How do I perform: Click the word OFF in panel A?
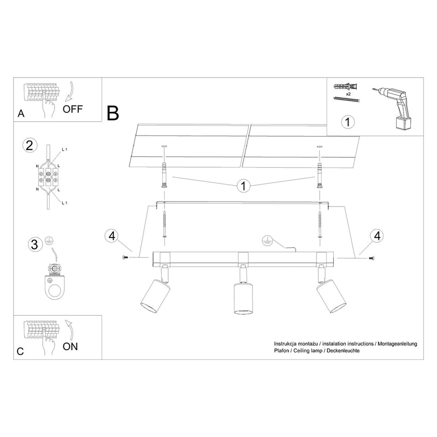tap(73, 108)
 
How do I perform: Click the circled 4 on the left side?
tap(111, 237)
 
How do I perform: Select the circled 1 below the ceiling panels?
tap(243, 186)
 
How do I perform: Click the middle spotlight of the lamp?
tap(241, 298)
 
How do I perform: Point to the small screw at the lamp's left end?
tap(127, 257)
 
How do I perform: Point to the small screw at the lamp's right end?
tap(371, 257)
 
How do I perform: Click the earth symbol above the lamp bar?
tap(268, 239)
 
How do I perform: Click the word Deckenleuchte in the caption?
tap(340, 350)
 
